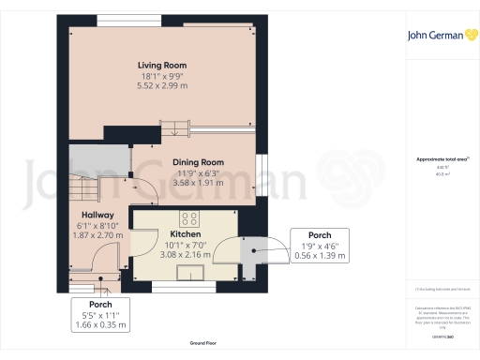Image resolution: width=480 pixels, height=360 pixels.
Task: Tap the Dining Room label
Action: (197, 161)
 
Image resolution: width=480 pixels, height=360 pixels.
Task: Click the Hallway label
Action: (96, 215)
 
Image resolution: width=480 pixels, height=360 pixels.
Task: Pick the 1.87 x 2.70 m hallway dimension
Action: (96, 235)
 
